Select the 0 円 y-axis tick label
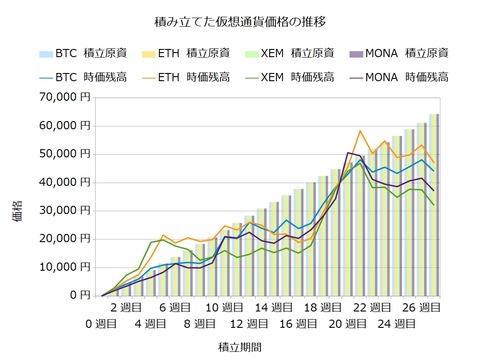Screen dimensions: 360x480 coord(78,295)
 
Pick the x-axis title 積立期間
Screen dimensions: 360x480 coord(240,346)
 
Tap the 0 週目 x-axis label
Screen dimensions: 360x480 coord(104,324)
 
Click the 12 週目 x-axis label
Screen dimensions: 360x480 coord(250,324)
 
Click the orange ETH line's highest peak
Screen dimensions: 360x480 coord(360,131)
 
